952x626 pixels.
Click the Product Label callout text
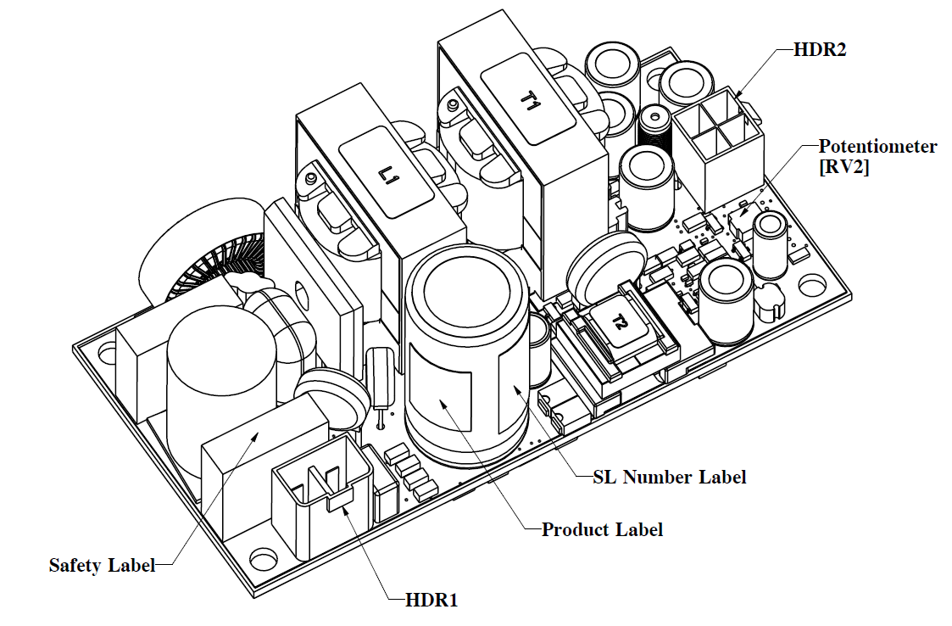(x=602, y=530)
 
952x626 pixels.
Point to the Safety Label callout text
(x=102, y=566)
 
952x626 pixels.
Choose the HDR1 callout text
(x=425, y=601)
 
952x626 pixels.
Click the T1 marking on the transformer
(x=529, y=103)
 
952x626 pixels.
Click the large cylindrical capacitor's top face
(x=469, y=293)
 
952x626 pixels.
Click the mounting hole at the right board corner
(x=812, y=283)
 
